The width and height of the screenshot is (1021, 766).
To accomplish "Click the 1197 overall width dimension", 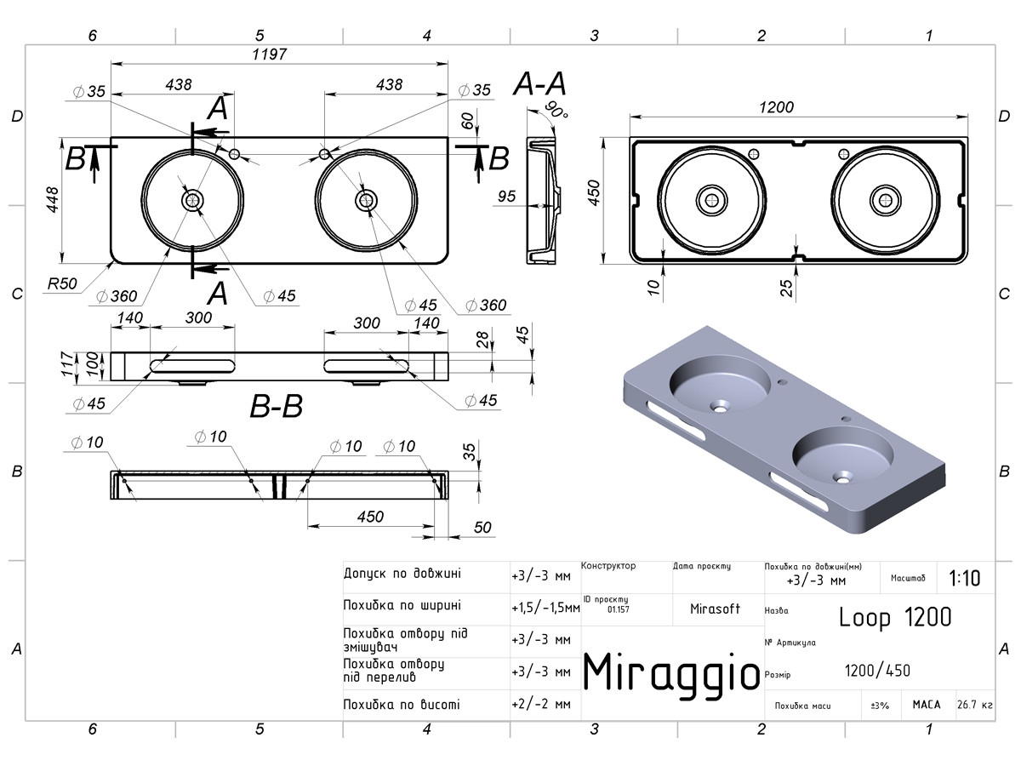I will [269, 54].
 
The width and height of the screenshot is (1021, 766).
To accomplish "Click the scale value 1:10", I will [964, 579].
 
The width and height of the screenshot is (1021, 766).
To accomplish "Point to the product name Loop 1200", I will [895, 617].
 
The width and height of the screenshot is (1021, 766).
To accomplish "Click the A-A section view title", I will [540, 84].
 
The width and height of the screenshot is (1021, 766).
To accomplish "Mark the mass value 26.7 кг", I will [975, 705].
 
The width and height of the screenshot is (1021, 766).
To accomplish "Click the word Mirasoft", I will [714, 609].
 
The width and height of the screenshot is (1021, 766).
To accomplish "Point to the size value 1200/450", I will [877, 671].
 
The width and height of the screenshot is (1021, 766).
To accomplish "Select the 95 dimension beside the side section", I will [507, 197].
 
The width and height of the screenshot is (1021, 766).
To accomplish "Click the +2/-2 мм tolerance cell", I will [541, 705].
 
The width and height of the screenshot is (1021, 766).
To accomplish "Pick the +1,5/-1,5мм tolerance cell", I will [545, 608].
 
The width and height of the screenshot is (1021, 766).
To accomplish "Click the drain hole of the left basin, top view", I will [193, 200].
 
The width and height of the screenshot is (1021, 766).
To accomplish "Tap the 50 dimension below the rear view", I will [482, 528].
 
